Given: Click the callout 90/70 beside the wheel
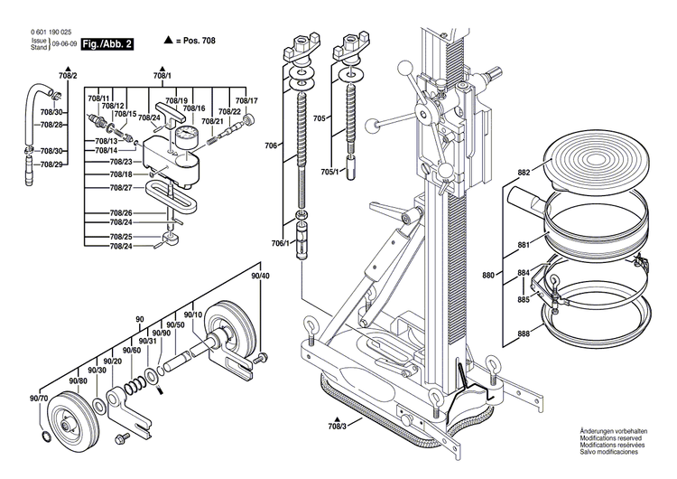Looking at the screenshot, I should click(x=39, y=399).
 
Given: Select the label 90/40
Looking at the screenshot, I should click(x=260, y=275).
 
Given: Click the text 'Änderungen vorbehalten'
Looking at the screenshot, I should click(x=617, y=435).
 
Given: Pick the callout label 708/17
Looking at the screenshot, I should click(x=246, y=100).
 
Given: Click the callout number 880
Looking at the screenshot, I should click(x=514, y=274).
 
